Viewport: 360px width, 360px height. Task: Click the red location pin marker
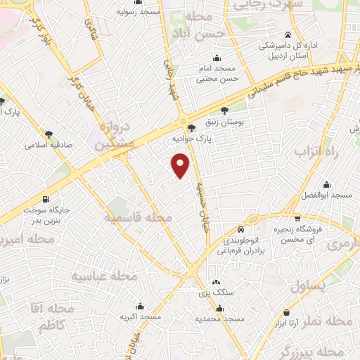pos(181,165)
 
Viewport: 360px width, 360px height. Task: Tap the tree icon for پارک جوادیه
pos(192,127)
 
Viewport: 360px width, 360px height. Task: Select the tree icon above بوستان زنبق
pos(224,110)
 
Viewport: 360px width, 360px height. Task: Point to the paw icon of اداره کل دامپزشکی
pos(287,34)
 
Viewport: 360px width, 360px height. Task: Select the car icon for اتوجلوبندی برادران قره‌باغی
pos(241,229)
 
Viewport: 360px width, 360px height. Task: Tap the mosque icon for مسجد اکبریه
pos(142,306)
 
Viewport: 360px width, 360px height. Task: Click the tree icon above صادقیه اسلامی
pos(49,134)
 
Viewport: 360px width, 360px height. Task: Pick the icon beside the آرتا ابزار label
pos(287,310)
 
